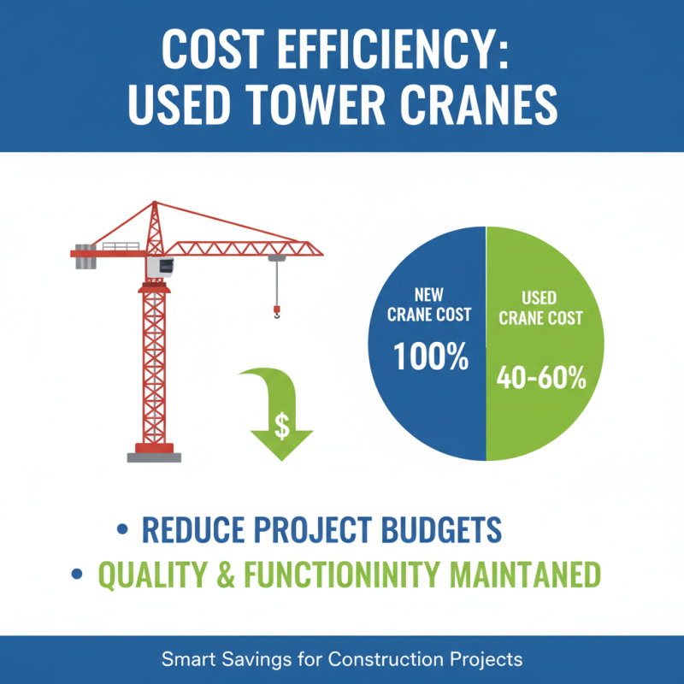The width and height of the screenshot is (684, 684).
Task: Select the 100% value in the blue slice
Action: (430, 355)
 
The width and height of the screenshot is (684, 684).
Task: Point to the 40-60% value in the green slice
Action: (542, 377)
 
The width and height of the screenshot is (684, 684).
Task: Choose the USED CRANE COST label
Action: (540, 309)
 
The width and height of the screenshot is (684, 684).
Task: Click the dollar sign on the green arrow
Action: (282, 425)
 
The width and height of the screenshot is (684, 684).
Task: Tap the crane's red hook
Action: (276, 312)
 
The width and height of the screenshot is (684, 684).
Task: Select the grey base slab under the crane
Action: (154, 457)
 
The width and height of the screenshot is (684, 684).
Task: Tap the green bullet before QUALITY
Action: (79, 575)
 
